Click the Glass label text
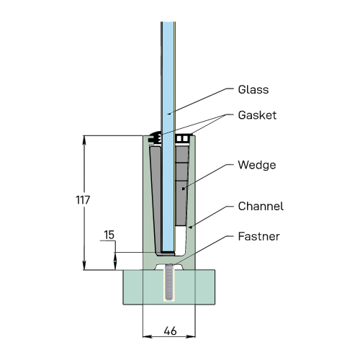(253, 90)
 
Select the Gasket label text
(257, 115)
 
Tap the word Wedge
(257, 165)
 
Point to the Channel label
(261, 207)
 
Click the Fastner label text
(258, 237)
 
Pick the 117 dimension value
(83, 200)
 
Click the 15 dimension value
(109, 235)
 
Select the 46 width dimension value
(171, 331)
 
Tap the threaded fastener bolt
(169, 282)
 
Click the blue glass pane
(168, 137)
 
